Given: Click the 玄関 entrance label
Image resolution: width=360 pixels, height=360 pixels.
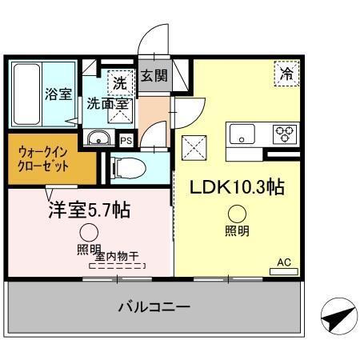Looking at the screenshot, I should pos(154,77).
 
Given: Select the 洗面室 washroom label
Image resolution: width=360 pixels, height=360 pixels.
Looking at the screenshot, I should pos(107,103).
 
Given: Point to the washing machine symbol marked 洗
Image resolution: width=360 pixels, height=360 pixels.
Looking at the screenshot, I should pos(118,82).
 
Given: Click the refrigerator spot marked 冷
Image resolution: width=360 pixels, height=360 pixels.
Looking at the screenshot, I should pos(286,73).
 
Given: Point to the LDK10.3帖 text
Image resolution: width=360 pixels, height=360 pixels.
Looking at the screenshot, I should pos(237,187).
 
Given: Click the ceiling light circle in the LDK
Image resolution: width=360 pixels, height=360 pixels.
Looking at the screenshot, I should pos(236,213).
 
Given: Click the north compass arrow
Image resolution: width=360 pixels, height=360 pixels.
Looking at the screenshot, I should pos(336,318).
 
